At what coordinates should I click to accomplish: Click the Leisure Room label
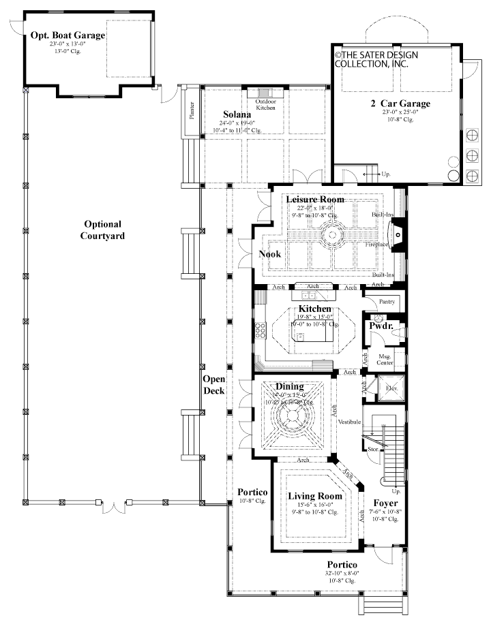pyautogui.click(x=314, y=200)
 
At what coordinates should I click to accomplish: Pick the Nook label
pyautogui.click(x=269, y=254)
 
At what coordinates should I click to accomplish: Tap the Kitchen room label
pyautogui.click(x=314, y=309)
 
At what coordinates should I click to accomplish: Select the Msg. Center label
pyautogui.click(x=385, y=358)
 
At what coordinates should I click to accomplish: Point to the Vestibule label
pyautogui.click(x=348, y=422)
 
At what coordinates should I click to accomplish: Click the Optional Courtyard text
pyautogui.click(x=104, y=230)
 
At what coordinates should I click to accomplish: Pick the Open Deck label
pyautogui.click(x=213, y=386)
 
